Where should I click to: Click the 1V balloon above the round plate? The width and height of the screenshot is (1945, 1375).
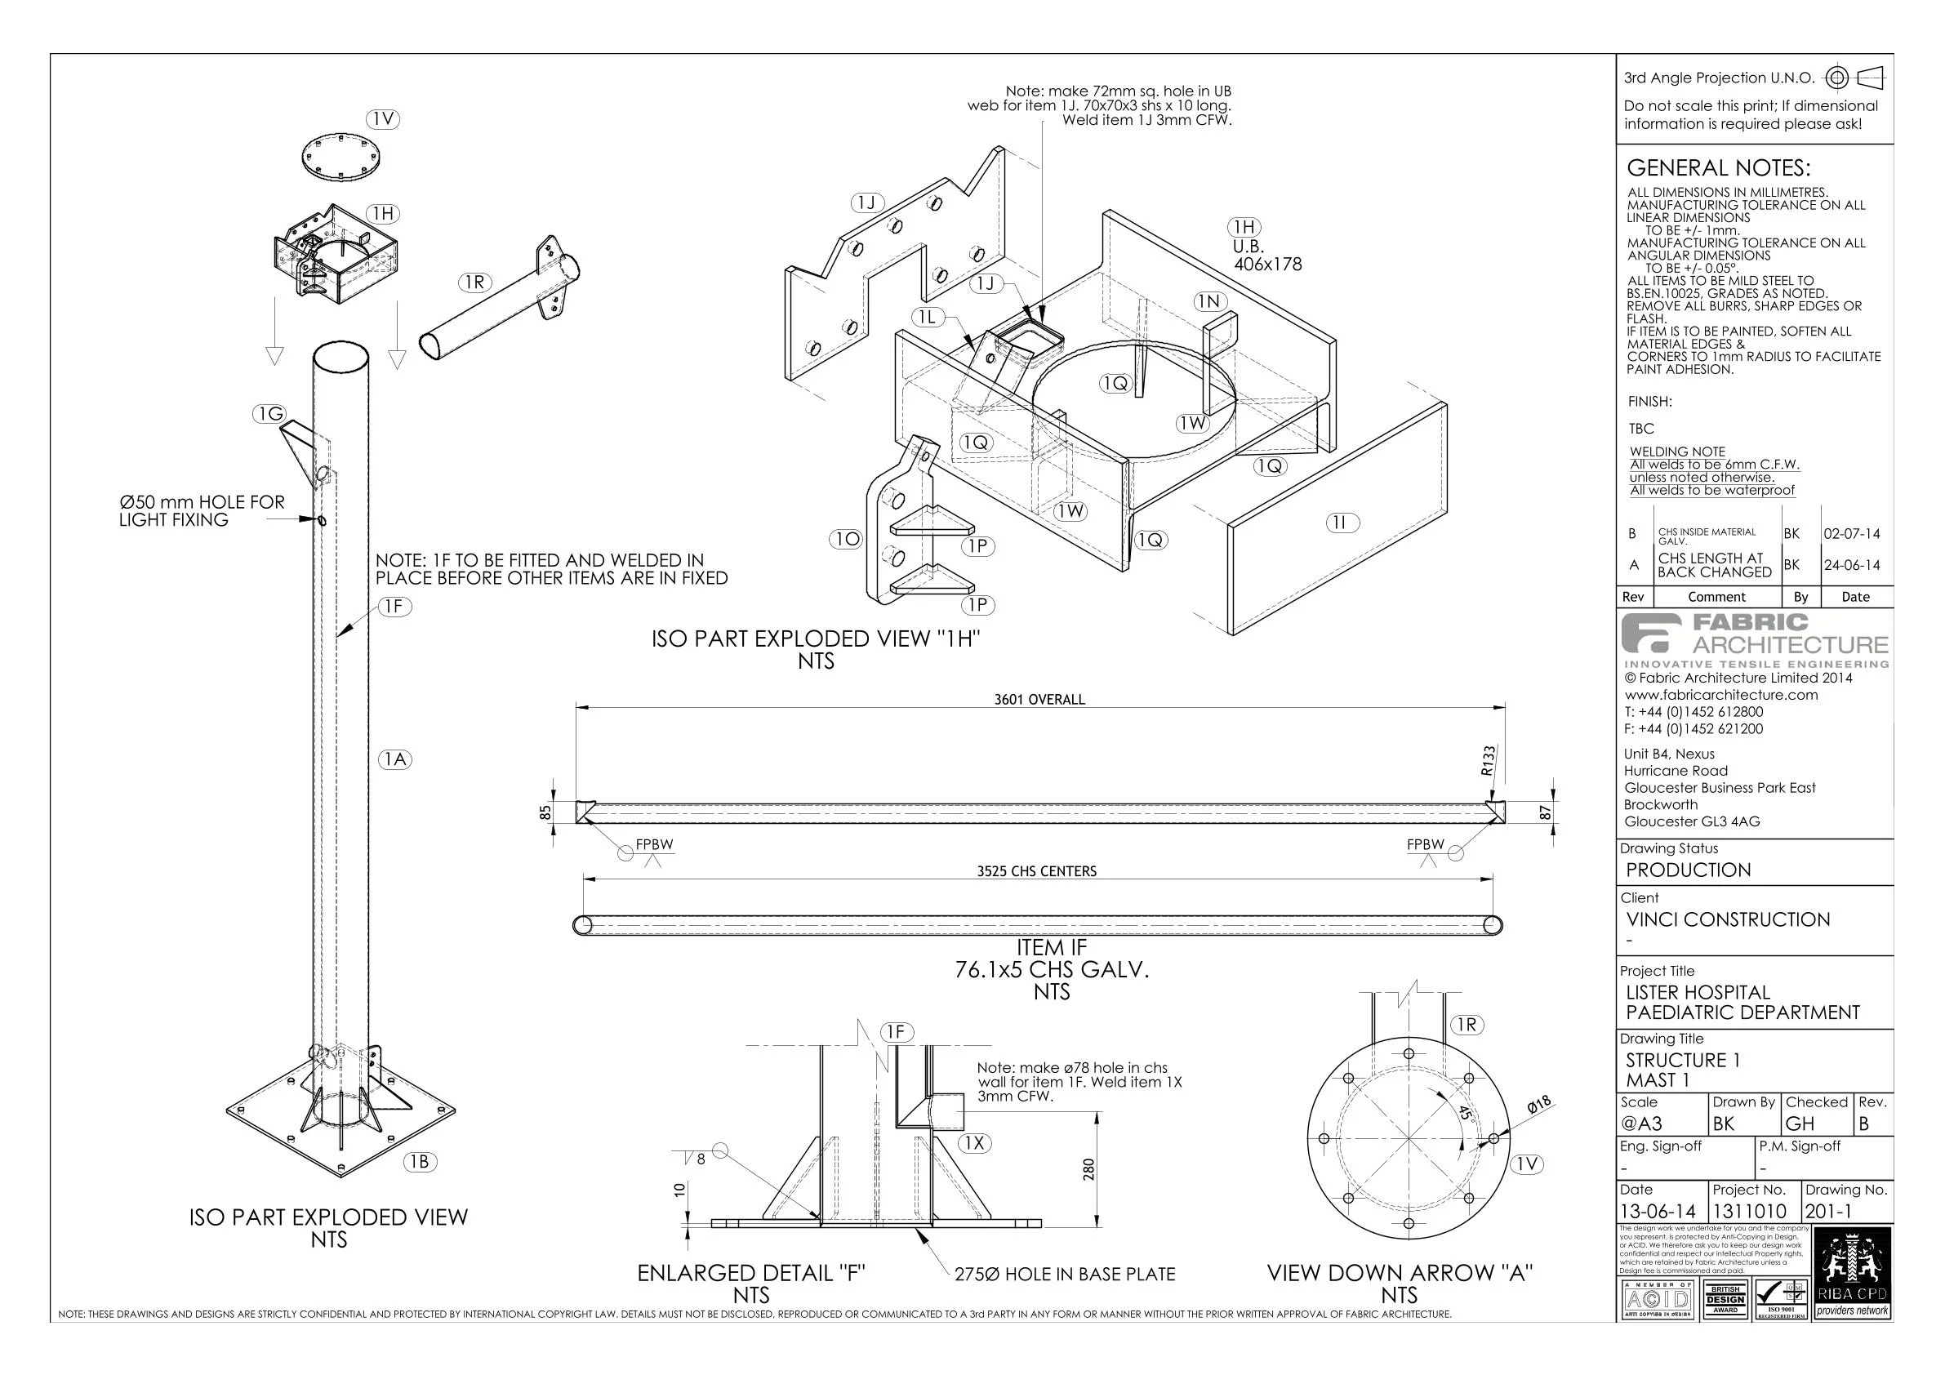pyautogui.click(x=384, y=119)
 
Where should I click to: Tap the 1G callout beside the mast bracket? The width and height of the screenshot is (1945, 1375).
pyautogui.click(x=270, y=413)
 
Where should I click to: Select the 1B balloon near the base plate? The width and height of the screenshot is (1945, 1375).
pyautogui.click(x=420, y=1162)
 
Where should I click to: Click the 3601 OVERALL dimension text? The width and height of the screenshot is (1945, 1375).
pyautogui.click(x=1039, y=700)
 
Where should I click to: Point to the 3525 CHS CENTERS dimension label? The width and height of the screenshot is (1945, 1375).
pyautogui.click(x=1036, y=871)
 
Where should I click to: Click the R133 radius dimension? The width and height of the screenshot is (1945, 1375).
pyautogui.click(x=1489, y=761)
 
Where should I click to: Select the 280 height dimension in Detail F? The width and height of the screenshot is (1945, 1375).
pyautogui.click(x=1089, y=1169)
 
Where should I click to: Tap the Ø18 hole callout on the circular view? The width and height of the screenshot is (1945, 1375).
pyautogui.click(x=1539, y=1104)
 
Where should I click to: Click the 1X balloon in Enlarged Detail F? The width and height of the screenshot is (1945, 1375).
pyautogui.click(x=975, y=1143)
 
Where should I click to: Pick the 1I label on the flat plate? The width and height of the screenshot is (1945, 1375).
pyautogui.click(x=1340, y=523)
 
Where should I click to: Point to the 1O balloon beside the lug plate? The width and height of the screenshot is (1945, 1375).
pyautogui.click(x=846, y=539)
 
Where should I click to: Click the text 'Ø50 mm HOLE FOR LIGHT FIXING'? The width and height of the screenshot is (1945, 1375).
pyautogui.click(x=202, y=511)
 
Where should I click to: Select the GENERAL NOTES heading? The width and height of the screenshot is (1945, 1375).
pyautogui.click(x=1718, y=167)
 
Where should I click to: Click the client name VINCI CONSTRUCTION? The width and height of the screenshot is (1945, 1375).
pyautogui.click(x=1727, y=919)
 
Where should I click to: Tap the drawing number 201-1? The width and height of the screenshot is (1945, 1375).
pyautogui.click(x=1828, y=1212)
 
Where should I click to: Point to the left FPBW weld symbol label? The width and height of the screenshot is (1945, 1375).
pyautogui.click(x=654, y=844)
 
